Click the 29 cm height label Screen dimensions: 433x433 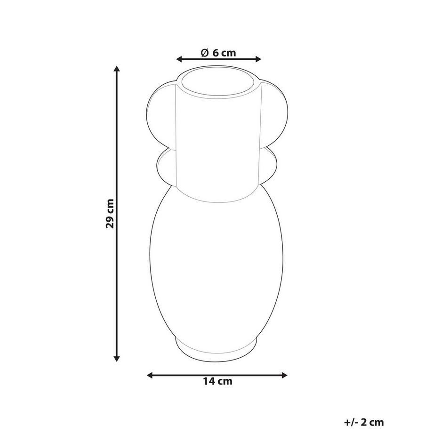coord(110,214)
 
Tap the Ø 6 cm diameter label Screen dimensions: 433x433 coord(218,53)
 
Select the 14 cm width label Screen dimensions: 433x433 coord(217,381)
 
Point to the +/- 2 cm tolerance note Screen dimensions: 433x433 coord(364,422)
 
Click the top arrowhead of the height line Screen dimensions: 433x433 coord(117,70)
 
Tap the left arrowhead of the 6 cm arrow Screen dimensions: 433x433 coord(179,59)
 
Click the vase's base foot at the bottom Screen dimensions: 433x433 coord(217,348)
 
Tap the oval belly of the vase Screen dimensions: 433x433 coord(217,264)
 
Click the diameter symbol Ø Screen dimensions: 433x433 coord(204,53)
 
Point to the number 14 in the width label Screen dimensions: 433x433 coord(209,381)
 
